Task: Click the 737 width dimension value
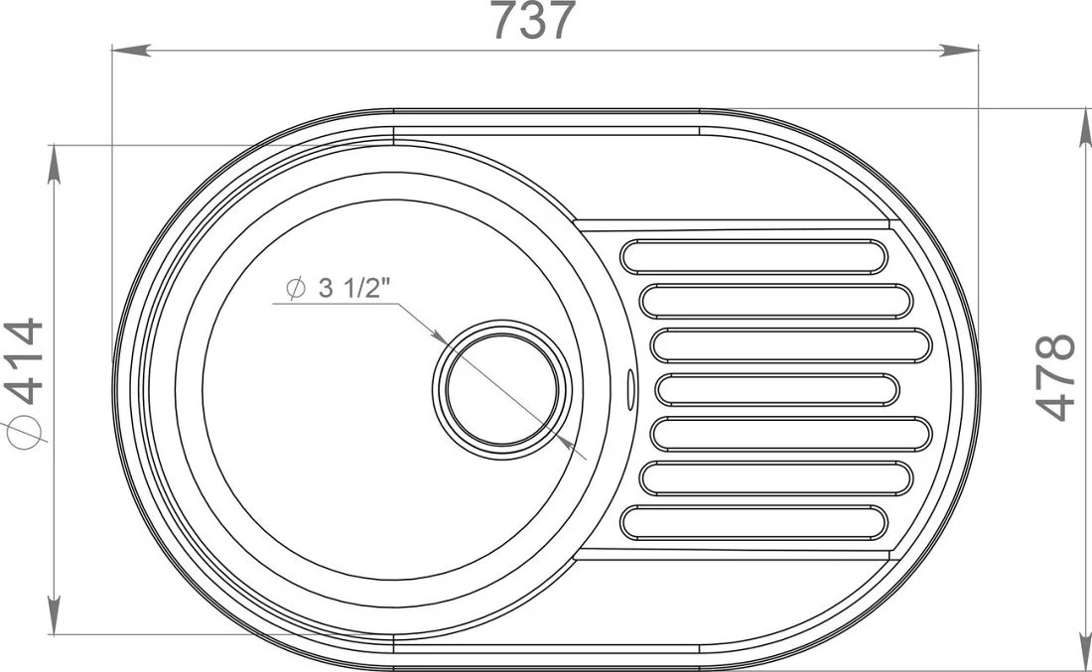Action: [534, 20]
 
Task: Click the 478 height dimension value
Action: [1056, 377]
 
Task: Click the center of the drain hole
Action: [502, 390]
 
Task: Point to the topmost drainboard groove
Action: [753, 256]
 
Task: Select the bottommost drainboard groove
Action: [753, 522]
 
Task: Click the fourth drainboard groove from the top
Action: [776, 389]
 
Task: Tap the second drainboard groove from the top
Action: [776, 301]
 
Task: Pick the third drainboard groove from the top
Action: [791, 345]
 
